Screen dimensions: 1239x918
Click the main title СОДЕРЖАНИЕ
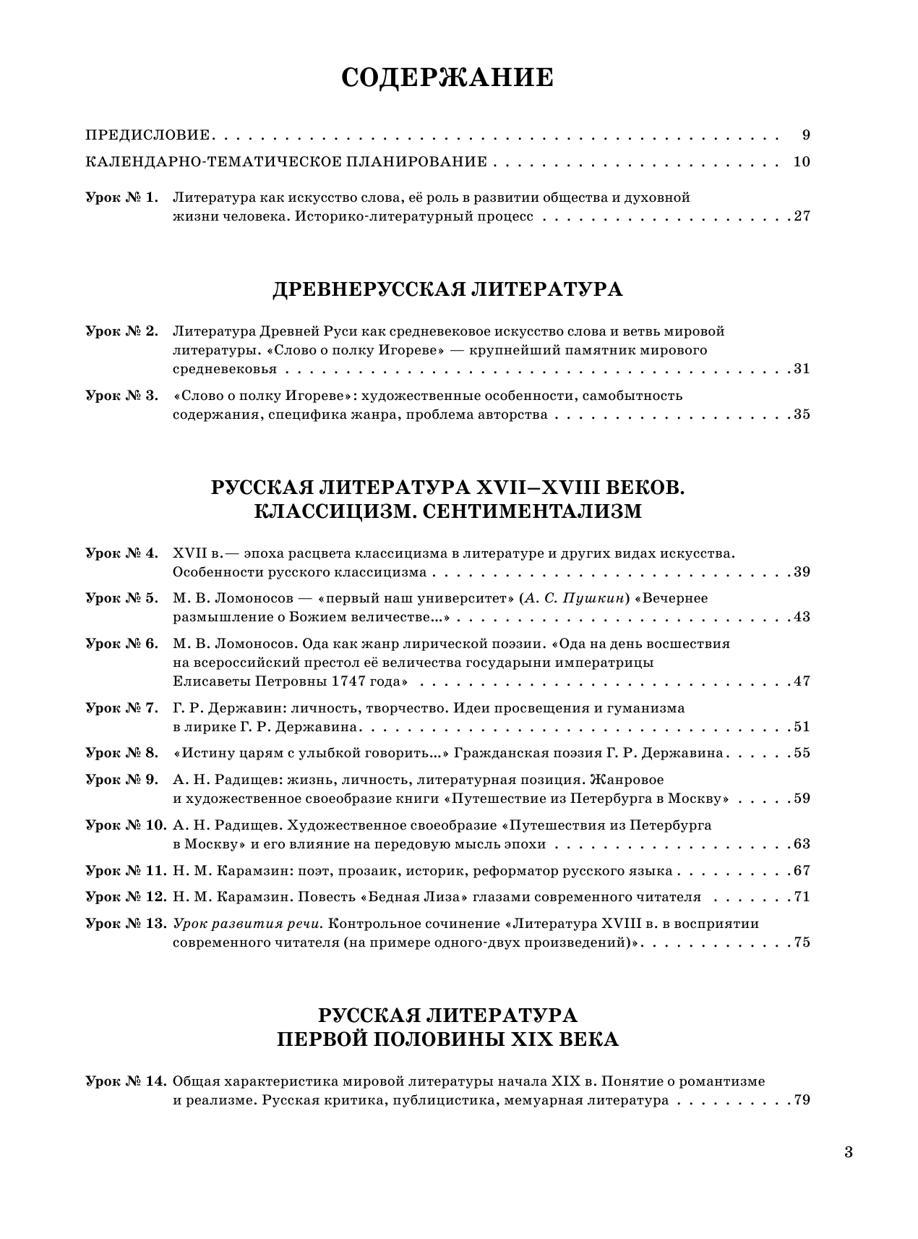pyautogui.click(x=447, y=78)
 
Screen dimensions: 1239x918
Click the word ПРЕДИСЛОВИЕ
pyautogui.click(x=147, y=135)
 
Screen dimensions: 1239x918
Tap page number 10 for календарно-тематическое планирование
pyautogui.click(x=801, y=161)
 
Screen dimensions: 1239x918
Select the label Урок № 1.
pyautogui.click(x=121, y=197)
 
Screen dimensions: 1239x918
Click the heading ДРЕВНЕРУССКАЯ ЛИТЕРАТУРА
pyautogui.click(x=447, y=290)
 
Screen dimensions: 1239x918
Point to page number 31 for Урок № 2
pyautogui.click(x=802, y=369)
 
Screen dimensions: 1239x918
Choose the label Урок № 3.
pyautogui.click(x=121, y=396)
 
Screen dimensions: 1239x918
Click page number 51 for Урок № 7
pyautogui.click(x=802, y=727)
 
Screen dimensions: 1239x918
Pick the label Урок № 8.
pyautogui.click(x=121, y=753)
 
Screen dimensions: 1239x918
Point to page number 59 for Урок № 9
pyautogui.click(x=802, y=799)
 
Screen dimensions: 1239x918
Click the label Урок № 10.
pyautogui.click(x=126, y=825)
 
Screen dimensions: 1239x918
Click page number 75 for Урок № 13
pyautogui.click(x=802, y=942)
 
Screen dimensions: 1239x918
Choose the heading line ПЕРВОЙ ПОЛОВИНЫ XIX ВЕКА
pyautogui.click(x=447, y=1039)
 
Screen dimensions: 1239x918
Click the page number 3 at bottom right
pyautogui.click(x=849, y=1152)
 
